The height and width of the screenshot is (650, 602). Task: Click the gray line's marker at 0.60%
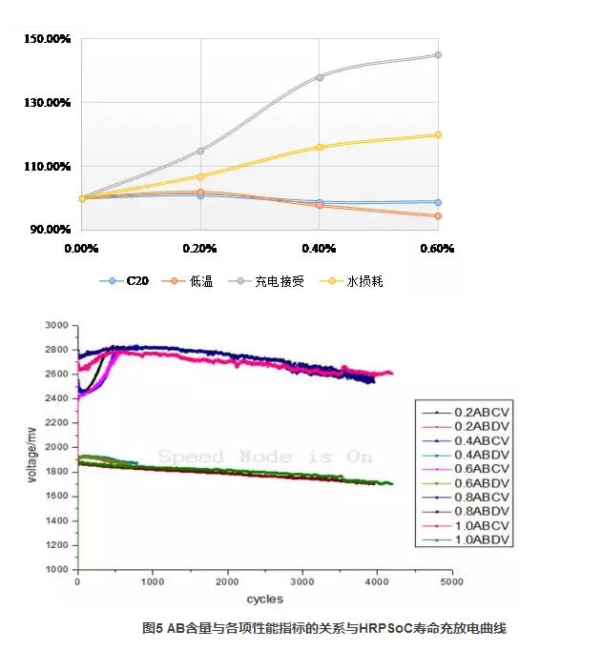(438, 55)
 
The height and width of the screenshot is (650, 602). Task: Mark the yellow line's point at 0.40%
(320, 147)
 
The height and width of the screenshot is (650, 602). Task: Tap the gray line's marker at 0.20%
(200, 151)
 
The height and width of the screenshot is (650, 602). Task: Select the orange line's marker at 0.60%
(438, 216)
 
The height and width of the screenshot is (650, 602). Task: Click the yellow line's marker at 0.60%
(438, 134)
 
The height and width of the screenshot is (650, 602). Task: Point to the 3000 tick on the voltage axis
(58, 325)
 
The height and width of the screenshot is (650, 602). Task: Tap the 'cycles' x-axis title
(264, 599)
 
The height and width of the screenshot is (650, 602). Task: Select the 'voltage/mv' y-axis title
(32, 448)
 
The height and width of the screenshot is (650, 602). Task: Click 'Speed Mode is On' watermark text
(264, 457)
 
